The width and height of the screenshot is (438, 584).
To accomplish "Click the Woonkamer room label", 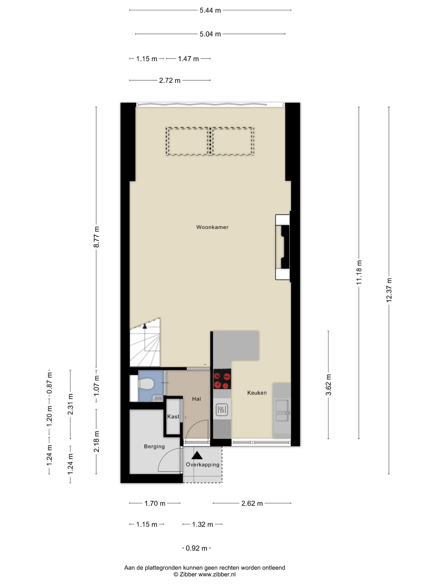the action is coord(212,227).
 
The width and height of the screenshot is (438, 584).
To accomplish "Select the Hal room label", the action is coord(196,399).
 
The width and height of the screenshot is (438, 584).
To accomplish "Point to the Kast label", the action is coord(173,416).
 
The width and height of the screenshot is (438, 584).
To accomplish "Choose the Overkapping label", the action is coord(203,465).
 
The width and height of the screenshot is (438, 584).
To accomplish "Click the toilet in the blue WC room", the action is coord(145,384).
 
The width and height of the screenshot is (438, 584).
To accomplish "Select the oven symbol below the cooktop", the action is coord(222,410).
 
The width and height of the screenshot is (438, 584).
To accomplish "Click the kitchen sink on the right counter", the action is coord(282,410).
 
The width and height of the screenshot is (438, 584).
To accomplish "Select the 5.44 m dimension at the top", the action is coord(210,10).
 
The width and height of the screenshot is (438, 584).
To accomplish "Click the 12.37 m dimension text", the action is coord(389,290).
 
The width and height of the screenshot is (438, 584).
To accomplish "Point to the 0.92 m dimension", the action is coord(196,548).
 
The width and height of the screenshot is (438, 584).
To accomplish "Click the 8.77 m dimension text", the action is coord(96,237).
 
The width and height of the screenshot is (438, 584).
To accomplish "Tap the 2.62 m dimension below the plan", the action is coord(252,503).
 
